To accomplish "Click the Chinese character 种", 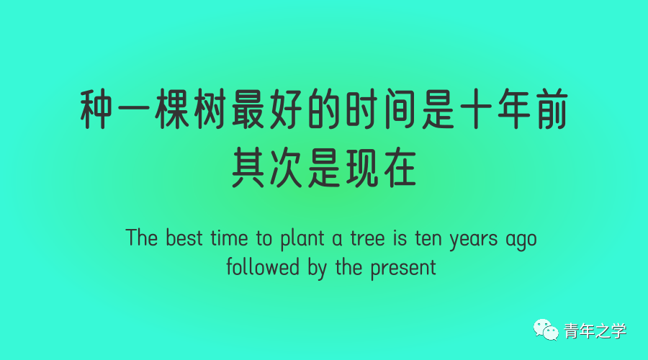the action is point(96,109).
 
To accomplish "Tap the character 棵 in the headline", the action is point(172,109).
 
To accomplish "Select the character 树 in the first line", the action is point(210,109).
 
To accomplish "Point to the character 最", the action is point(248,109).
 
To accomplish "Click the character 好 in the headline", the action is point(287,109).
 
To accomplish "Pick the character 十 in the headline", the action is point(476,109).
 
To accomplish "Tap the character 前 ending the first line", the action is point(552,109).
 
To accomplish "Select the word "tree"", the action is point(368,238).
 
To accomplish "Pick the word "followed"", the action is point(263,266).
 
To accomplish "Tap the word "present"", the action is point(403,269).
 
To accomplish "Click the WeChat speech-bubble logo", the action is point(546,330).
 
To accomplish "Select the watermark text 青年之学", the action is point(595,331).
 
